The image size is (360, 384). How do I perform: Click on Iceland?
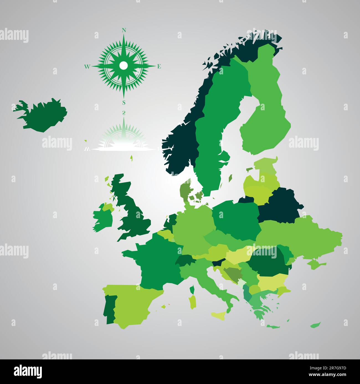(42, 116)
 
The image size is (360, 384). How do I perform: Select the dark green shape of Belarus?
(280, 206)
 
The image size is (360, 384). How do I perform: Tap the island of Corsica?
(192, 290)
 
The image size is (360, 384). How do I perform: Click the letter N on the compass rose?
(124, 30)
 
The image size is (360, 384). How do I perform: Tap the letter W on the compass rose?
(87, 66)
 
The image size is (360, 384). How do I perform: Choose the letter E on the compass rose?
(159, 66)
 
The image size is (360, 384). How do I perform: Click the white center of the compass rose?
(124, 66)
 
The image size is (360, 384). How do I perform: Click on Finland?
(266, 111)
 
